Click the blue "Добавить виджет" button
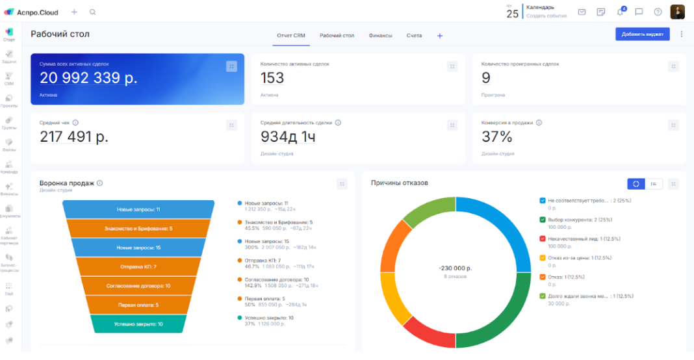(642, 34)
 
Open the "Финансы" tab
(380, 36)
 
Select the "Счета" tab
(414, 36)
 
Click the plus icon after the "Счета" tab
(440, 36)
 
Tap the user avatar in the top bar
(678, 12)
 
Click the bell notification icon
(620, 12)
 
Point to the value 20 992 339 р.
(88, 78)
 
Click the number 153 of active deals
(272, 78)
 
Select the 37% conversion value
(497, 136)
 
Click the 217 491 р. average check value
(74, 136)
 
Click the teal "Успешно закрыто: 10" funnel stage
(138, 324)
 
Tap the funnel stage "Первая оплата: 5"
(137, 304)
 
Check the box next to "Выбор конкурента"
(543, 220)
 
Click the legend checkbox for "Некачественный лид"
(543, 238)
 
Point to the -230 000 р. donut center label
(455, 268)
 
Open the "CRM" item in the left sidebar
(9, 78)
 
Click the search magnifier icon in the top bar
(92, 12)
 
